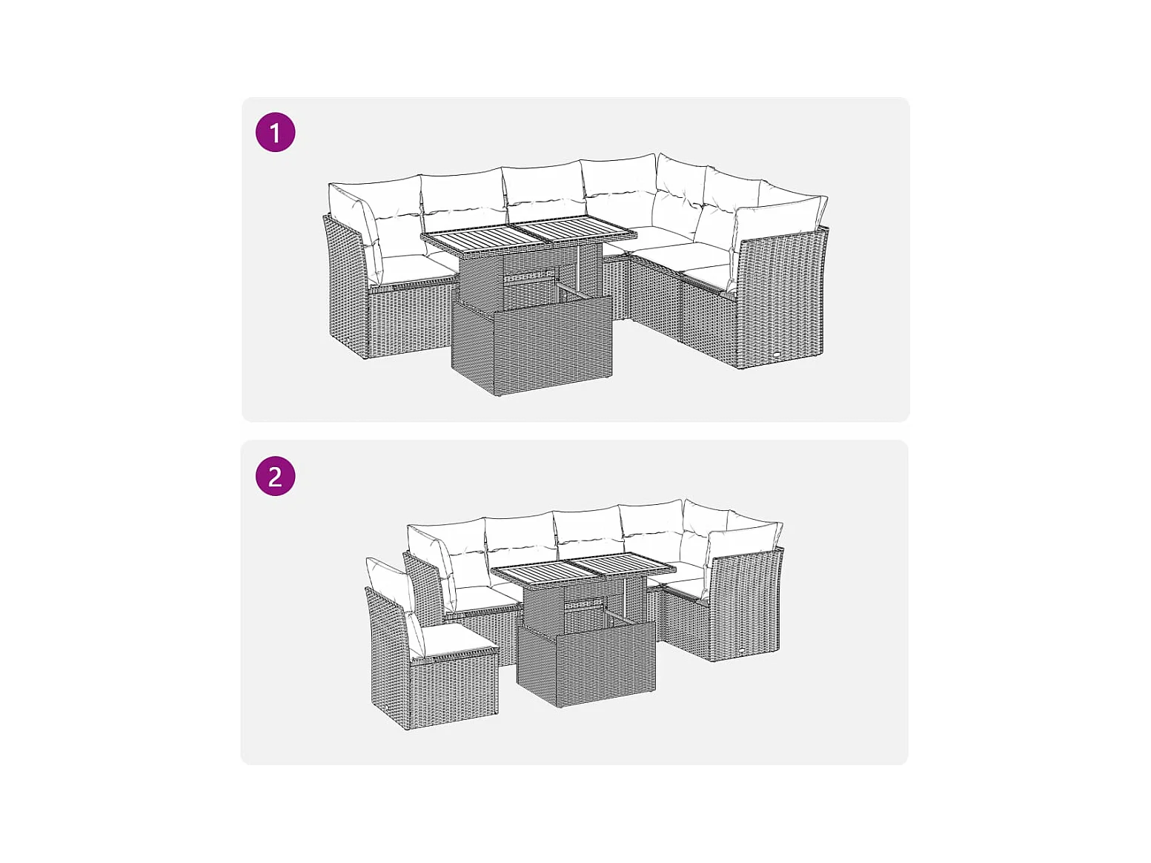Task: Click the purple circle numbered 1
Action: tap(275, 132)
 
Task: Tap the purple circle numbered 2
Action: tap(275, 476)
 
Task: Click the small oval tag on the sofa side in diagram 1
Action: tap(776, 356)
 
